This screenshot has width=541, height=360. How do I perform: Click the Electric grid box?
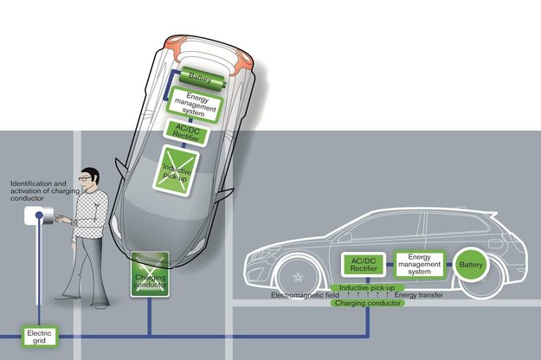[39, 337]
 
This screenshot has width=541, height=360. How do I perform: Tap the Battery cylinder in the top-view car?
[202, 80]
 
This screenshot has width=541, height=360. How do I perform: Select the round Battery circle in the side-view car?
[471, 265]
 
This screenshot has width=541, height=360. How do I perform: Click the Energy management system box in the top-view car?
[195, 104]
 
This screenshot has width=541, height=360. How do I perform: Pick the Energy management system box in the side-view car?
[419, 265]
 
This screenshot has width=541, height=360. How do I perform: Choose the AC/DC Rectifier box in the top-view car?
[187, 132]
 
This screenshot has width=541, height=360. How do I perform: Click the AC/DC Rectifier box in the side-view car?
[364, 265]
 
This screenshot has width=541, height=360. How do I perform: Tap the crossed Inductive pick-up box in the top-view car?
[177, 170]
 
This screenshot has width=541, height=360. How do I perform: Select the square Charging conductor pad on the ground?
[150, 274]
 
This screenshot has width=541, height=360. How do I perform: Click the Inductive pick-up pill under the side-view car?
[367, 287]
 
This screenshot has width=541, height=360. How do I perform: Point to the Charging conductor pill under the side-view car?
[368, 303]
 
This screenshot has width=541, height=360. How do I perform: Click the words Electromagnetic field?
[305, 295]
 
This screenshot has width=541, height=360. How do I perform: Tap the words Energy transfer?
[419, 295]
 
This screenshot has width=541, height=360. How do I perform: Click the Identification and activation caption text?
[45, 190]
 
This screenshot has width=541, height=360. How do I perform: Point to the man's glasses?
[85, 178]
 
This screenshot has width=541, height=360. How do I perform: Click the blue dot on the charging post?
[39, 215]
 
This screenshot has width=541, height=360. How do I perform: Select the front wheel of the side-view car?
[298, 277]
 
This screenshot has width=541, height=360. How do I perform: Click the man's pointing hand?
[62, 219]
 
